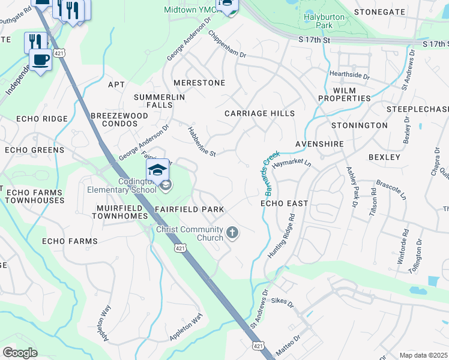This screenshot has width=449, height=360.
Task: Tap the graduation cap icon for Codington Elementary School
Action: tap(157, 172)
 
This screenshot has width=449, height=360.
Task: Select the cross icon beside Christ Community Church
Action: tap(232, 232)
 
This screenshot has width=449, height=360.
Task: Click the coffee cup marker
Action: tap(40, 61)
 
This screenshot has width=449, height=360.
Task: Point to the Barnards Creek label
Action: tap(272, 173)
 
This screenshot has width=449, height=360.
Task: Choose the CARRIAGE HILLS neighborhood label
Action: tap(259, 113)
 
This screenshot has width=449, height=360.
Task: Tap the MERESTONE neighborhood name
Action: tap(199, 83)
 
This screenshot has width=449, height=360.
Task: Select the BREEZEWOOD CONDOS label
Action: tap(119, 119)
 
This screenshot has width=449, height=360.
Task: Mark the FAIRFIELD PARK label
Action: tap(189, 209)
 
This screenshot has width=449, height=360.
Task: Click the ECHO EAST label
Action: tap(284, 203)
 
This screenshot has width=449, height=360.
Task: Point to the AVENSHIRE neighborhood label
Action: tap(319, 145)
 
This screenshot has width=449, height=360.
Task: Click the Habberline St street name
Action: tap(201, 141)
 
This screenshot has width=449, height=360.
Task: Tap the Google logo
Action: tap(20, 352)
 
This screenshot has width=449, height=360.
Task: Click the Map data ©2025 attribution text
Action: tap(423, 355)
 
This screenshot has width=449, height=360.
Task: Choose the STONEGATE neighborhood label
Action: tap(379, 11)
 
